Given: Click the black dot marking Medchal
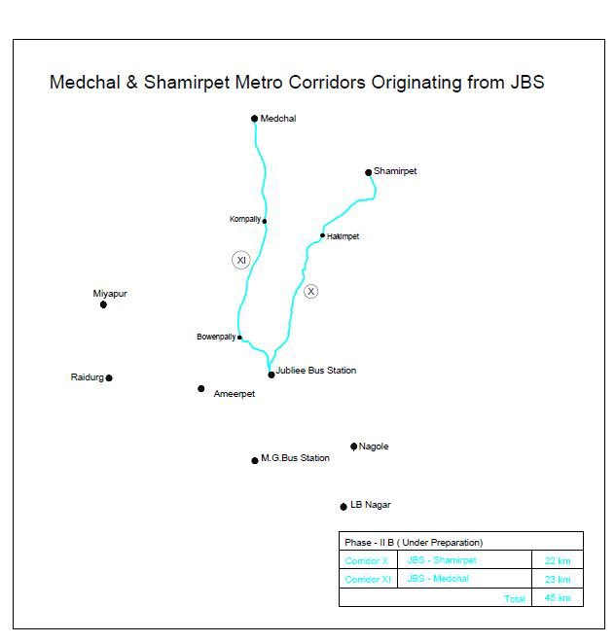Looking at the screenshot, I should pos(254,119).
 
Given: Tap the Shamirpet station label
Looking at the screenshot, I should pos(395,171).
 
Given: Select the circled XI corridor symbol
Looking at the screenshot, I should pos(241,260).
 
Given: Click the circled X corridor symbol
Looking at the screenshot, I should pos(311,291).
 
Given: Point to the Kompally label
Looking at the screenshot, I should pos(244,219).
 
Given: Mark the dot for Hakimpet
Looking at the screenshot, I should pos(322,235).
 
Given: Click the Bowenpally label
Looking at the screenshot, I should pos(215,337).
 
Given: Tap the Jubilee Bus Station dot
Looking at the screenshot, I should pos(271,375).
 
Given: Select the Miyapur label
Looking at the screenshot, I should pos(110,293).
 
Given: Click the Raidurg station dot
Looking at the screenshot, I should pos(109,378).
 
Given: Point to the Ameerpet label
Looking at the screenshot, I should pos(234,394).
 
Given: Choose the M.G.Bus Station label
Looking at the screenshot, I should pos(295,458).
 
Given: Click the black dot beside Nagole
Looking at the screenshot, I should pos(354,447).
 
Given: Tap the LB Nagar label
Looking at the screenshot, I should pos(370,505).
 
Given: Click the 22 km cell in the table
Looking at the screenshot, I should pos(558,561).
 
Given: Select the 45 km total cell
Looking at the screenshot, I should pos(558,597).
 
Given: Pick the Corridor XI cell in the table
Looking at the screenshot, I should pos(368,580).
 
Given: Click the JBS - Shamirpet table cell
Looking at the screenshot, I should pos(442,560).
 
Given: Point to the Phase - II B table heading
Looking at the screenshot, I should pos(414,542).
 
